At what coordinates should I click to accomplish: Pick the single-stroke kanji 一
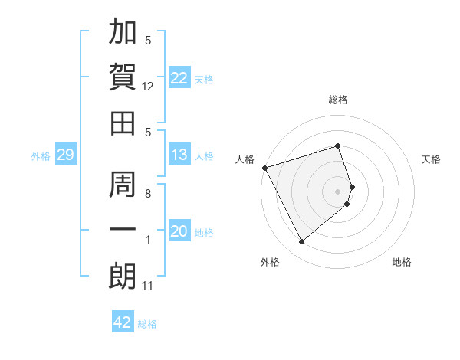[123, 230]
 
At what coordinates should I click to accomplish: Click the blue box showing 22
[179, 78]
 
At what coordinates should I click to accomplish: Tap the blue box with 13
[179, 155]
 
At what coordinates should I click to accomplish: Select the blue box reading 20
[179, 232]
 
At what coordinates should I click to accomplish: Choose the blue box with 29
[65, 155]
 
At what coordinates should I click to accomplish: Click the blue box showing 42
[122, 322]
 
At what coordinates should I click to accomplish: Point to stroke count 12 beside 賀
[148, 87]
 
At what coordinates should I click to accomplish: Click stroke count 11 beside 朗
[148, 286]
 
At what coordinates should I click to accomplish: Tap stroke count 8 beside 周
[148, 194]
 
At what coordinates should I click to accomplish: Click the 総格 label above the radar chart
[338, 100]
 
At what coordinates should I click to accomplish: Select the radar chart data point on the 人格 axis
[264, 167]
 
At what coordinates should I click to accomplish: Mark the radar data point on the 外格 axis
[301, 241]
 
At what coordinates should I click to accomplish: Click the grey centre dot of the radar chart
[338, 191]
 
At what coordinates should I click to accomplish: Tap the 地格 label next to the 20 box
[205, 233]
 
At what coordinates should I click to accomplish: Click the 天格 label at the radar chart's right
[432, 159]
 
